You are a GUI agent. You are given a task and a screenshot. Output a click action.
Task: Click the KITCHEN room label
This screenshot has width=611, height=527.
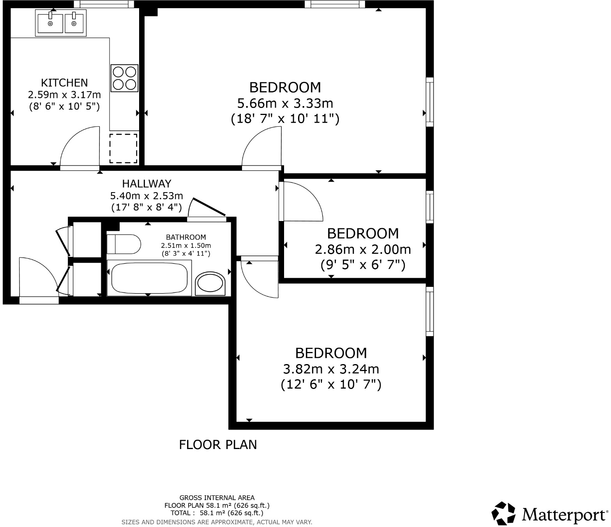64,83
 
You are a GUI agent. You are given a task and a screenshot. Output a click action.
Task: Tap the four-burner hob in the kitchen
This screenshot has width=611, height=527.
124,78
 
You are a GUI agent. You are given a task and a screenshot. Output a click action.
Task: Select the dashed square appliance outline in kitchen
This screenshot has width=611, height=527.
123,149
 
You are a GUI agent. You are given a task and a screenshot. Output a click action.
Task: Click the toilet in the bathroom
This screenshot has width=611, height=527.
124,244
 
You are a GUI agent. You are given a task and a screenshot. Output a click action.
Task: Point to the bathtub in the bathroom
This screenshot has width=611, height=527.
149,278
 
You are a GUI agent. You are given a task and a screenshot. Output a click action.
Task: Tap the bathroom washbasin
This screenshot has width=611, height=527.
210,283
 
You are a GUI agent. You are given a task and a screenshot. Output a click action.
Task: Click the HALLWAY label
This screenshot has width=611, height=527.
147,184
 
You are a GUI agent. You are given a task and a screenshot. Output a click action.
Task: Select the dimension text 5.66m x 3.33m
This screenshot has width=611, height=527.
285,103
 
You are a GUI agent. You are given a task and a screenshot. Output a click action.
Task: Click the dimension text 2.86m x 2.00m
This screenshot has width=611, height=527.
363,249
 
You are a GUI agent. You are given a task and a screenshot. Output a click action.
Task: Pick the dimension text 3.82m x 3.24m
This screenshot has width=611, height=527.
331,369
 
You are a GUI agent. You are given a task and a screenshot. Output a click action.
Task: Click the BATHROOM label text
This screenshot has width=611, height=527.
186,237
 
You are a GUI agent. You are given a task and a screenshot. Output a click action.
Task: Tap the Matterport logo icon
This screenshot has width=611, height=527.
504,513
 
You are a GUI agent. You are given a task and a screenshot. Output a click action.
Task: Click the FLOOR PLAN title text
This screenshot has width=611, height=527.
218,445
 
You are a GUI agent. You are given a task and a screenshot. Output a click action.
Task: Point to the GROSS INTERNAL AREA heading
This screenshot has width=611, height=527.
217,498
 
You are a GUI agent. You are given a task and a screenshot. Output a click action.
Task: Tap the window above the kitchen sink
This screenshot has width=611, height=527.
104,4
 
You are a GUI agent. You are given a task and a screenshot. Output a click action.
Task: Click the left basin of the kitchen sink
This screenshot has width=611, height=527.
50,22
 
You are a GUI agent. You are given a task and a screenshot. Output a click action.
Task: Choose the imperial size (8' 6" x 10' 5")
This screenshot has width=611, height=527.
64,106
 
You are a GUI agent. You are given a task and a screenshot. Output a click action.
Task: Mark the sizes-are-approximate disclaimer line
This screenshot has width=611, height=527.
217,522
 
